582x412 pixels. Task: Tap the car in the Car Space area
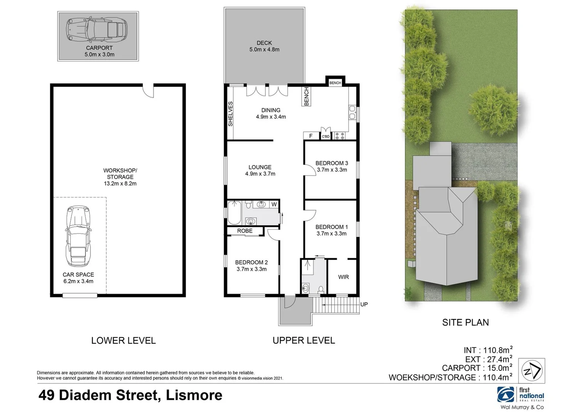78,237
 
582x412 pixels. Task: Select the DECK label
264,43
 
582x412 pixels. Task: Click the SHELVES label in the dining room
230,114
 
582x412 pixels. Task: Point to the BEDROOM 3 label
332,163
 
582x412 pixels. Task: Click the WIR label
343,277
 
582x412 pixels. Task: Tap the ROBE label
245,231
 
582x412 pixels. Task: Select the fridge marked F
311,136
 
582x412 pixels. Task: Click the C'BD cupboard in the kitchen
325,134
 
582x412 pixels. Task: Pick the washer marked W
274,204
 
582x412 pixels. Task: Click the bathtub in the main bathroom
234,213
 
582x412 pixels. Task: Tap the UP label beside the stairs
364,304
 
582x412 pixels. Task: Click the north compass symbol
532,370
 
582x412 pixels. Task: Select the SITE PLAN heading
465,322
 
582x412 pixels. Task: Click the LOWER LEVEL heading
123,340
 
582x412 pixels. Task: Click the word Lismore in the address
194,395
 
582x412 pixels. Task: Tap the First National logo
521,395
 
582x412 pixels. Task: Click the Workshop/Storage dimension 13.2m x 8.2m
120,183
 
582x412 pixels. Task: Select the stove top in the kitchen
340,135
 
